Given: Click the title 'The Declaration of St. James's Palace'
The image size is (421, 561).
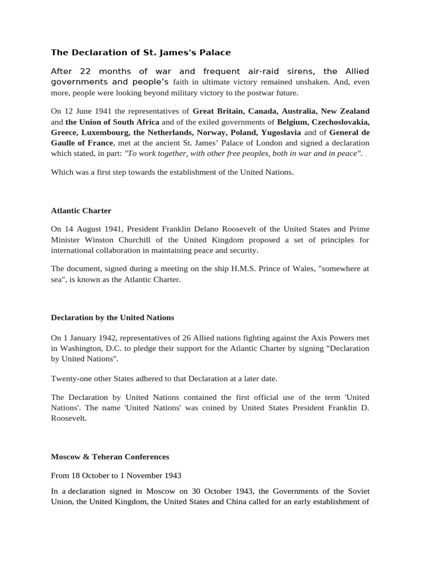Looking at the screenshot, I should (141, 53).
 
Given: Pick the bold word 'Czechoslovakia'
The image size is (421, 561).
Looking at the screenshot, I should (339, 122).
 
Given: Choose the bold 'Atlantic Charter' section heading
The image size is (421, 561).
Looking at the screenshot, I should (81, 210).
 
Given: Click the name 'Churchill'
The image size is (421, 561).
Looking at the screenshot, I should (151, 240).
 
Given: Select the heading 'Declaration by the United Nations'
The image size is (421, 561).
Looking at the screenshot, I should (112, 317).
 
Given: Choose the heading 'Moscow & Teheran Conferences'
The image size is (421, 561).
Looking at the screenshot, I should (110, 456).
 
